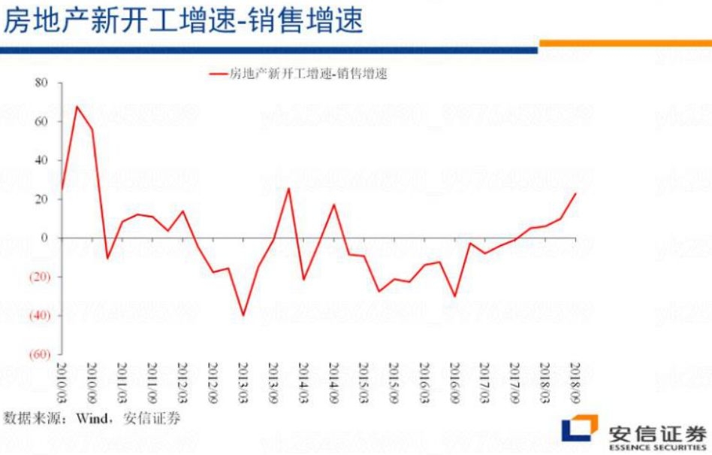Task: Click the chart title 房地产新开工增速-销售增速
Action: [x=183, y=20]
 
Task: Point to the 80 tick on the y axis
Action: [x=41, y=83]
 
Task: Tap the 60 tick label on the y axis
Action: [x=41, y=122]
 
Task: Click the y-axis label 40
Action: [x=41, y=160]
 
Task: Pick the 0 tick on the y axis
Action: [x=44, y=238]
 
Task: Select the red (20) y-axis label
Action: [x=38, y=277]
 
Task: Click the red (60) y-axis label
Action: [x=38, y=354]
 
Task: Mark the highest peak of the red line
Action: [x=77, y=106]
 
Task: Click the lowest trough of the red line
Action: [x=243, y=315]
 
